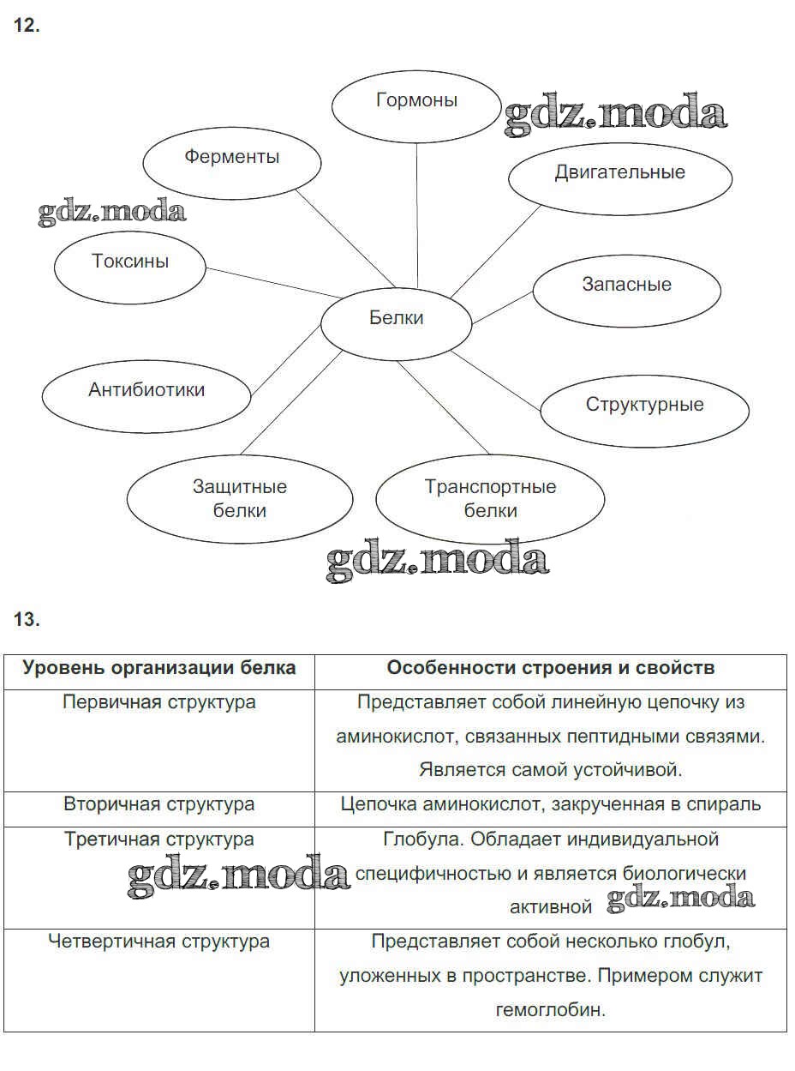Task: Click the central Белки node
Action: pyautogui.click(x=396, y=319)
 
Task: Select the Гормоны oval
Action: pyautogui.click(x=416, y=101)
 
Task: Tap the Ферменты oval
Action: pyautogui.click(x=231, y=158)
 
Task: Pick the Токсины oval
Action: pyautogui.click(x=130, y=262)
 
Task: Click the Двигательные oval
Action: pyautogui.click(x=620, y=173)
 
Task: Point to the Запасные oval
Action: pyautogui.click(x=626, y=286)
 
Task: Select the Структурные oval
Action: pyautogui.click(x=644, y=406)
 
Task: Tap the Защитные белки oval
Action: pyautogui.click(x=240, y=499)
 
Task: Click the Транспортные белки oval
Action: pyautogui.click(x=490, y=499)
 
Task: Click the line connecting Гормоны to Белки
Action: pyautogui.click(x=417, y=214)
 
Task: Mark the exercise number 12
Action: pyautogui.click(x=27, y=26)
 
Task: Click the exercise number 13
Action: pyautogui.click(x=27, y=619)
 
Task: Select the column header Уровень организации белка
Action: pyautogui.click(x=159, y=668)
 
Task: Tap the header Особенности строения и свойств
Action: pyautogui.click(x=550, y=668)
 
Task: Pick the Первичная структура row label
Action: pyautogui.click(x=159, y=702)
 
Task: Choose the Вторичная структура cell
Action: pyautogui.click(x=159, y=805)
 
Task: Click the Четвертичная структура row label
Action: pyautogui.click(x=159, y=942)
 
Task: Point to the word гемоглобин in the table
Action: pyautogui.click(x=550, y=1010)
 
